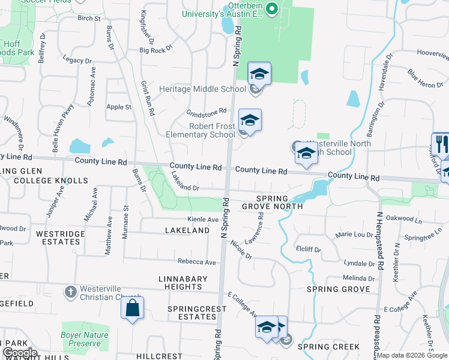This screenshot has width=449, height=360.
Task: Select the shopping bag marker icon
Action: pos(132,310)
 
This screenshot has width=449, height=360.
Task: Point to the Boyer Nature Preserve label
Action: pos(85,339)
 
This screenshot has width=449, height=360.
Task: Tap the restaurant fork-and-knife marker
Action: pos(441,146)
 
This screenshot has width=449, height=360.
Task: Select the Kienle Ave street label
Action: pos(203,220)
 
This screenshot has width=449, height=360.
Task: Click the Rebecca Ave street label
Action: pos(196,262)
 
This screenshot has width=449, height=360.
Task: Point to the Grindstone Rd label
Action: pos(206,112)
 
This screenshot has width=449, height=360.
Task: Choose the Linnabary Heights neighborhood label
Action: pos(183,283)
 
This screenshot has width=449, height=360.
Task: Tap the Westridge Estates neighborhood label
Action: pos(58,238)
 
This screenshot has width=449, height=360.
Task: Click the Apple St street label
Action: pos(118,107)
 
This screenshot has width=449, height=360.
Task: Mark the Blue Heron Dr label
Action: pos(425,79)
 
